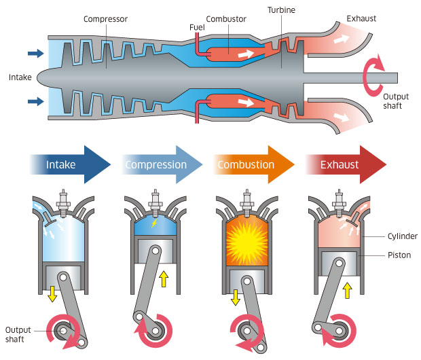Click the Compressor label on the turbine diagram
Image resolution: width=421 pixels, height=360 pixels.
[106, 18]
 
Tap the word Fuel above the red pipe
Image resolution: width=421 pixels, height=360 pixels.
[197, 26]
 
